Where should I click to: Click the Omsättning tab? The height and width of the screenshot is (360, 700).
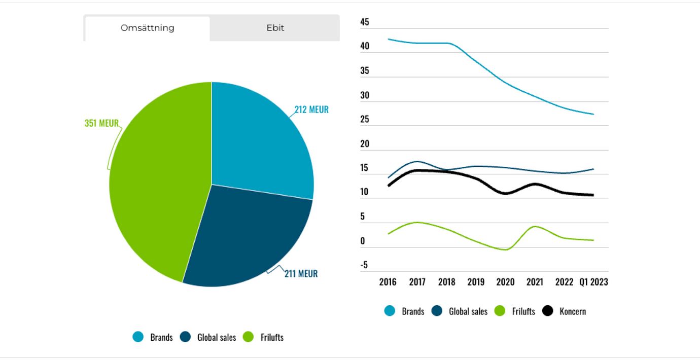147,28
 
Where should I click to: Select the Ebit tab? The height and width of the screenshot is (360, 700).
275,28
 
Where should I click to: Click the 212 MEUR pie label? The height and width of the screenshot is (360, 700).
311,110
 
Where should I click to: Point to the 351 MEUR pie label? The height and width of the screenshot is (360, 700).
101,123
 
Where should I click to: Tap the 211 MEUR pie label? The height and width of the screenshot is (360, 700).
301,274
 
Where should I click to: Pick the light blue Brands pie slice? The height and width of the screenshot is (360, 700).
259,142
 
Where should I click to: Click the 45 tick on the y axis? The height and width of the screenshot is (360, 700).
365,22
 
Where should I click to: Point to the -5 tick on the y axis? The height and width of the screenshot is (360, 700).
364,265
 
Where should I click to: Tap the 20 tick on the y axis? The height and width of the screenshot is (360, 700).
365,144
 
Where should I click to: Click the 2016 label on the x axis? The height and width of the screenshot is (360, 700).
388,282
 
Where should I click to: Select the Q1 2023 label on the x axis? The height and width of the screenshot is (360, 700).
593,282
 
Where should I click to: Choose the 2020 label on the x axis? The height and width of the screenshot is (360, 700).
505,282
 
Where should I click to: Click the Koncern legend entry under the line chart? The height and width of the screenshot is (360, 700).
572,311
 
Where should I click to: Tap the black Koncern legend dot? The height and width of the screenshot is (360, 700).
548,311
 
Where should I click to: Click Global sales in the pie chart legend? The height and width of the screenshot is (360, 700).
217,337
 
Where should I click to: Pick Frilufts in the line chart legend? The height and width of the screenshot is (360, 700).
523,311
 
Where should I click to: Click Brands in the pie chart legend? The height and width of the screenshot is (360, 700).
161,337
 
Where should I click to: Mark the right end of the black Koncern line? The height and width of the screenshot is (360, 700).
593,195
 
